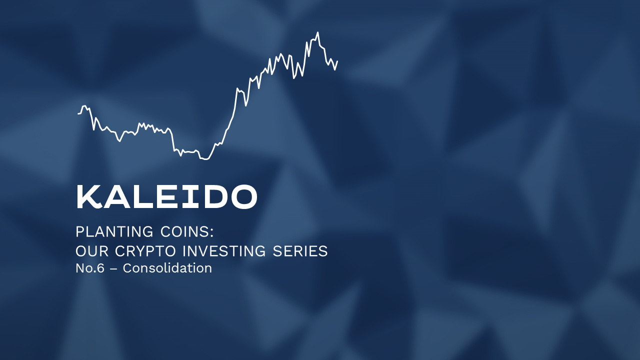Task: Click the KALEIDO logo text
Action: coord(166,197)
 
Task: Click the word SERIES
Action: coord(300,251)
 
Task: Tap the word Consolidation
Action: coord(167,268)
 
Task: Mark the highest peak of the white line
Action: coord(317,33)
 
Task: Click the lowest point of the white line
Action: coord(205,159)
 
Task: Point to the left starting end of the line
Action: coord(78,113)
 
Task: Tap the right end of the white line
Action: coord(337,61)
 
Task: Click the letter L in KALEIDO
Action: coord(143,197)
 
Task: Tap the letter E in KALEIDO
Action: coord(169,197)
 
